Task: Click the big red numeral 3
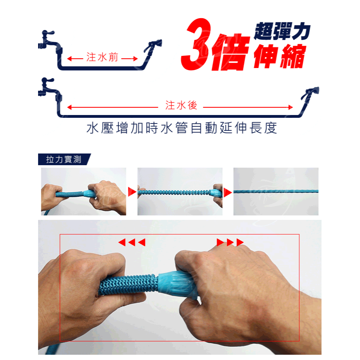pyautogui.click(x=196, y=45)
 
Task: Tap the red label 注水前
pyautogui.click(x=102, y=58)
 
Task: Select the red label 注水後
pyautogui.click(x=181, y=106)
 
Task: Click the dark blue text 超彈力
pyautogui.click(x=282, y=31)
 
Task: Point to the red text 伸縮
pyautogui.click(x=280, y=57)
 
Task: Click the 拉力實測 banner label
pyautogui.click(x=64, y=159)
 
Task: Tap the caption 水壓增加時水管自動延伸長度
pyautogui.click(x=181, y=128)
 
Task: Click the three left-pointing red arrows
pyautogui.click(x=132, y=242)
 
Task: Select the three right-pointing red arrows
pyautogui.click(x=230, y=242)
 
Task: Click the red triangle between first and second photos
pyautogui.click(x=132, y=192)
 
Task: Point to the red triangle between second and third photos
pyautogui.click(x=228, y=192)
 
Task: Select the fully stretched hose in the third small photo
pyautogui.click(x=276, y=192)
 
